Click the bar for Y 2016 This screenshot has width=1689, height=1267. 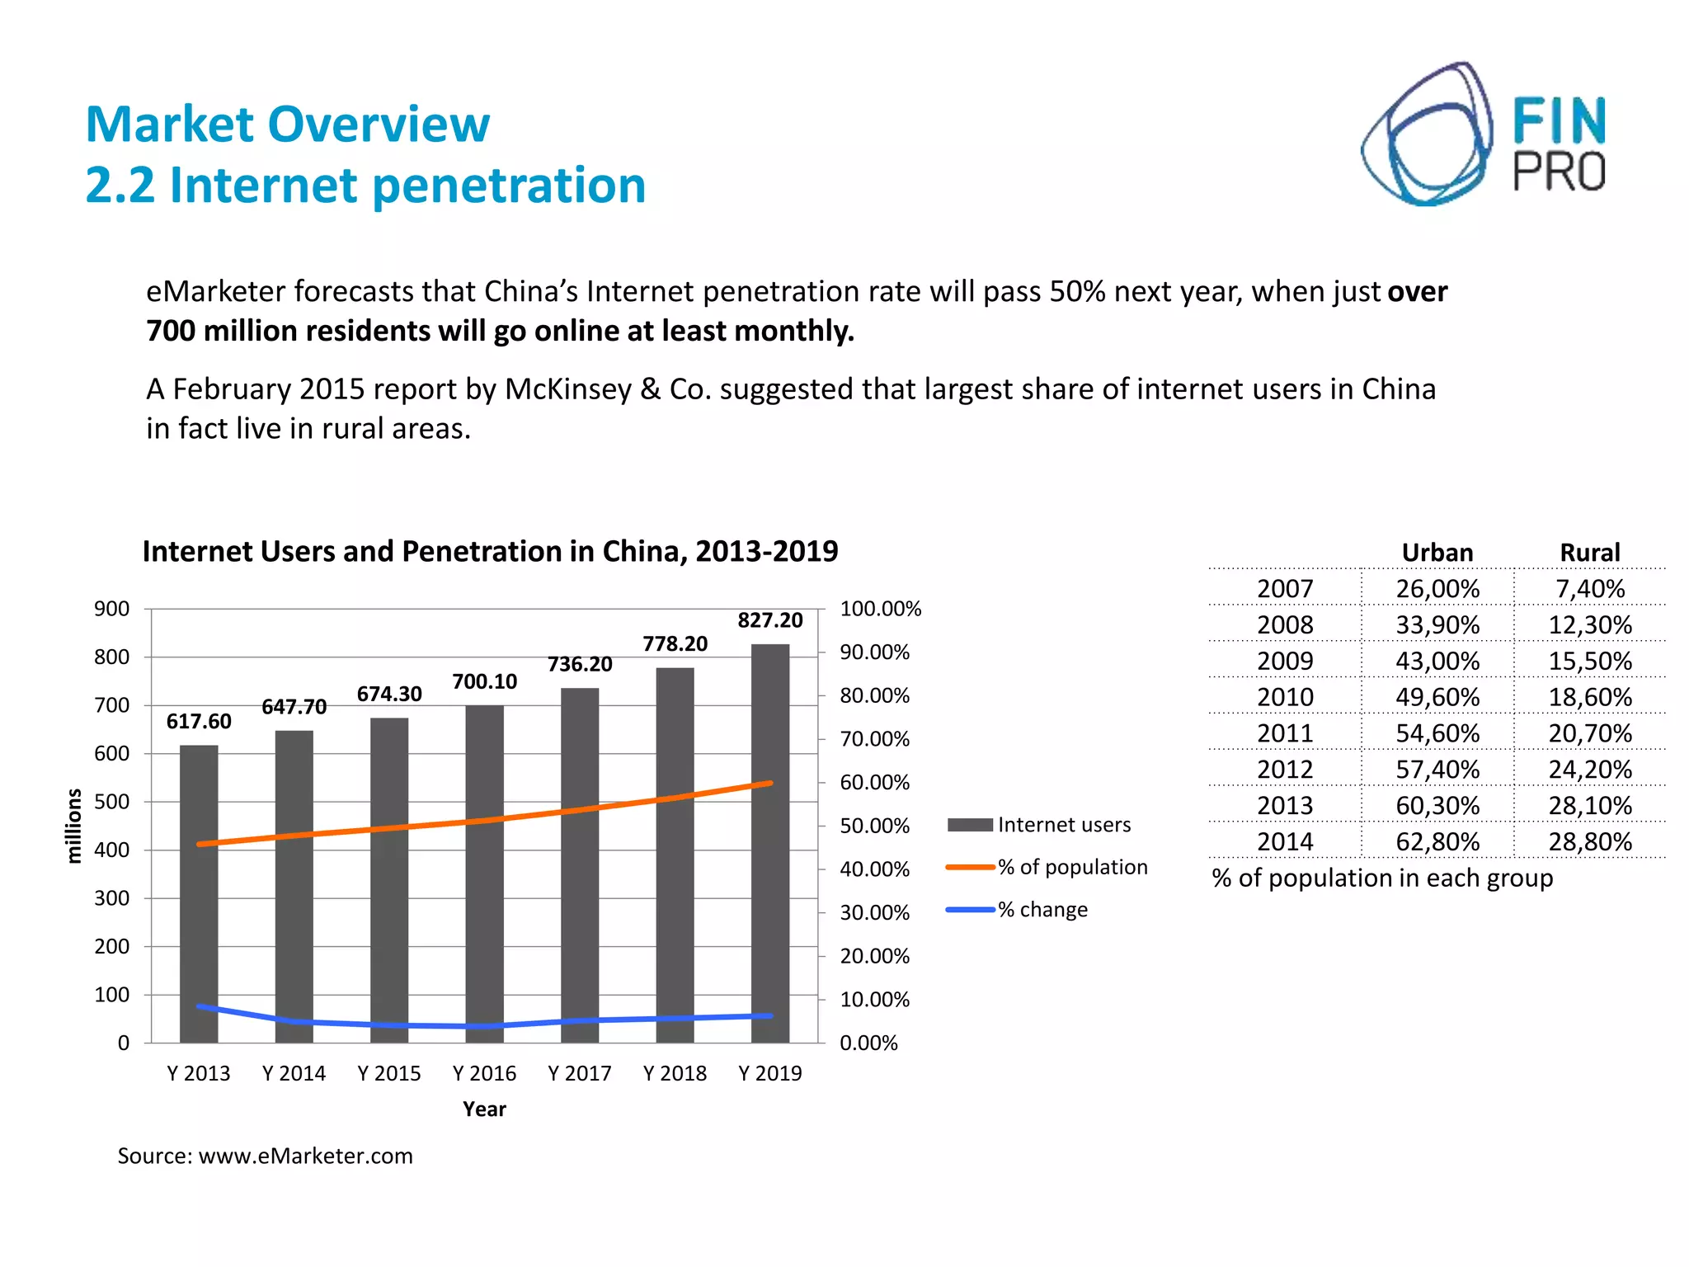[484, 874]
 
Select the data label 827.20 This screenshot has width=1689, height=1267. [769, 620]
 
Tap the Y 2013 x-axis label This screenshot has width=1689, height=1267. [199, 1073]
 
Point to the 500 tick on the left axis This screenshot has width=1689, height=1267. [111, 802]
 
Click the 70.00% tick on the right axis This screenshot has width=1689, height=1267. [874, 739]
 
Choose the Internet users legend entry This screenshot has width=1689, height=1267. [1039, 825]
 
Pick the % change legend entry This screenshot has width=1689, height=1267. [1018, 910]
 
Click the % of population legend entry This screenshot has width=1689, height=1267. [1047, 867]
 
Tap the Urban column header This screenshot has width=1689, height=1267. [1437, 553]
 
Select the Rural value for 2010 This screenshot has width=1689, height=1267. [1589, 697]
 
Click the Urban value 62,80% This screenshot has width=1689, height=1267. [1437, 841]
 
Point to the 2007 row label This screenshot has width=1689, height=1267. [1284, 589]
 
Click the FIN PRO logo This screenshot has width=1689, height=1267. [1483, 134]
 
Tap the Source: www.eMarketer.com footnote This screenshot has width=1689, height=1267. [265, 1156]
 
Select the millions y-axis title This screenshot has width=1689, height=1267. [74, 826]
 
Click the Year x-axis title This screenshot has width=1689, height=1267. [484, 1109]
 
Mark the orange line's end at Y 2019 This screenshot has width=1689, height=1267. [770, 783]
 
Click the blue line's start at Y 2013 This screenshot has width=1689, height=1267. [199, 1006]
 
